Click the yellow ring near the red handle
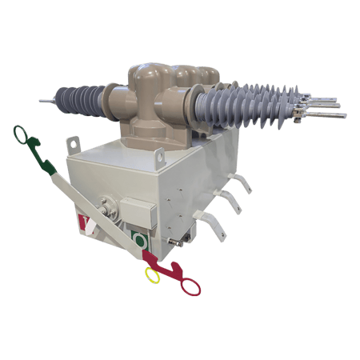tap(151, 274)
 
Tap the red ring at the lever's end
tap(190, 286)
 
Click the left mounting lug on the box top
tap(73, 144)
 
